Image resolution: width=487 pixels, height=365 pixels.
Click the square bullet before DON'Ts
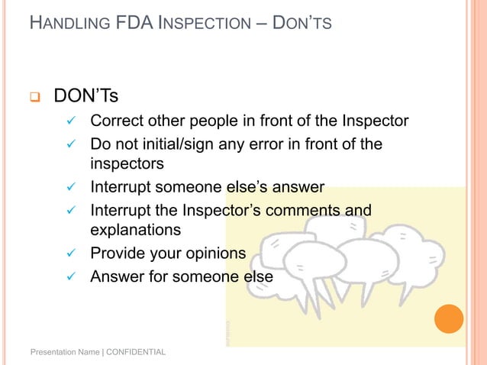[34, 98]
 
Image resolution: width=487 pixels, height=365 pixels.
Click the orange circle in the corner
[449, 319]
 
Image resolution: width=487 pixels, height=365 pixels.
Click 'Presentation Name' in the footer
[64, 353]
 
